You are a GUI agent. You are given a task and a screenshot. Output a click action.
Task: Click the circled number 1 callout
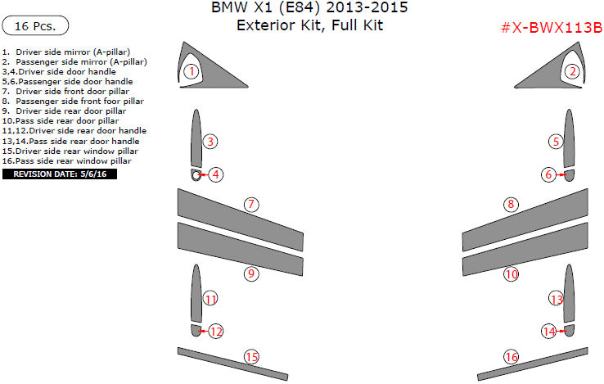191,71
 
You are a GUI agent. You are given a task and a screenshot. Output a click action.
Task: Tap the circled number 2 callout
573,71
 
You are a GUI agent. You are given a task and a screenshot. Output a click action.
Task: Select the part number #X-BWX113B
551,28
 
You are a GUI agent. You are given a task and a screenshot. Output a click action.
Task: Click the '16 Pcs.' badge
35,26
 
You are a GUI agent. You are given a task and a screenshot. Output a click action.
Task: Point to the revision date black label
60,174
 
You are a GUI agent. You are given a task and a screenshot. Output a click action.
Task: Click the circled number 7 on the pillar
251,204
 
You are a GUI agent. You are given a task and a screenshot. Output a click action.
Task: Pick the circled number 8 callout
511,204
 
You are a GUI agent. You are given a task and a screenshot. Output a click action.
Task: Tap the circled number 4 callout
215,174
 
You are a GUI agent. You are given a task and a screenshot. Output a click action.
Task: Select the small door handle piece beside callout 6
569,174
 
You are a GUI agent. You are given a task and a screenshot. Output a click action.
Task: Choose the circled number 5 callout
557,142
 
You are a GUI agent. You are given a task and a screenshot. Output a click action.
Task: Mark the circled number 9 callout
251,273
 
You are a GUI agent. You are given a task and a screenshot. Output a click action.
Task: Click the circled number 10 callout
511,274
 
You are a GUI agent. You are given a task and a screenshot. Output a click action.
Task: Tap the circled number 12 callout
215,332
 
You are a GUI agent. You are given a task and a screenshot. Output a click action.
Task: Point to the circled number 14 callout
548,332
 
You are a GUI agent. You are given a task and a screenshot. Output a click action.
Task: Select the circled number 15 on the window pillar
251,356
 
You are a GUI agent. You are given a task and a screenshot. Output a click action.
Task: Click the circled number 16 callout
511,357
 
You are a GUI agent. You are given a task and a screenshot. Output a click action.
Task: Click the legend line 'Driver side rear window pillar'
70,151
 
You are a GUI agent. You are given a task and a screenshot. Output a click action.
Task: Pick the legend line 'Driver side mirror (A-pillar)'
65,52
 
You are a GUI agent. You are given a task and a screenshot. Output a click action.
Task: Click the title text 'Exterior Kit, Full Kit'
309,25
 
